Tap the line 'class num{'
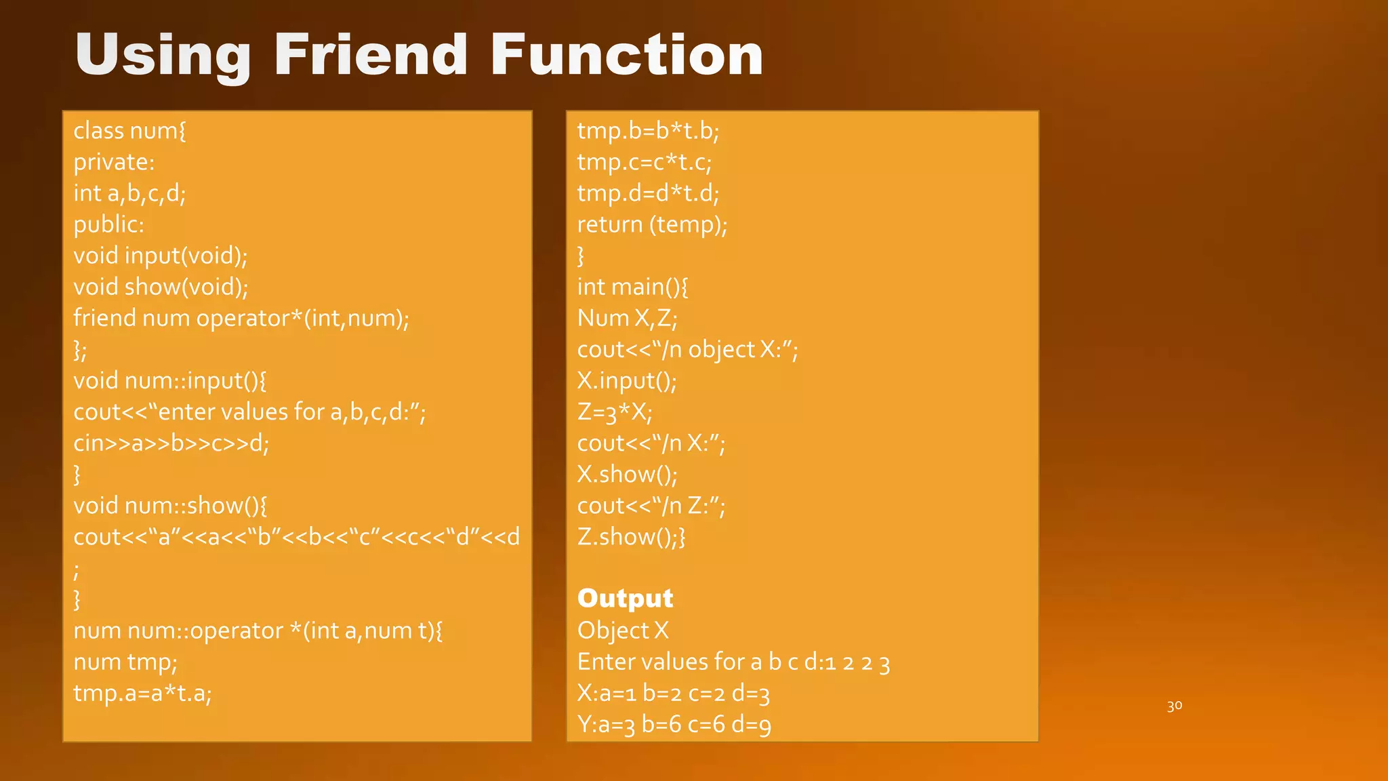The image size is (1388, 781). (129, 130)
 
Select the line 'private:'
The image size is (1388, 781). (114, 162)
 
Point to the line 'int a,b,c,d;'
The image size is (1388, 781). (129, 193)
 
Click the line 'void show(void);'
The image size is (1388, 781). (161, 287)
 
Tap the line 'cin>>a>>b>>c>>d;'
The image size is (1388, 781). (171, 443)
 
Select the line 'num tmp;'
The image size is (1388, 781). (125, 662)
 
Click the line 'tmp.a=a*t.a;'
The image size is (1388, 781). (142, 693)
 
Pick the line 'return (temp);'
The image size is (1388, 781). (652, 224)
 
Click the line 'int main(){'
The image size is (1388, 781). (632, 287)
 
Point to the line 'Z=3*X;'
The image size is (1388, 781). (615, 412)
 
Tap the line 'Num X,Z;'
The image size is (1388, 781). (627, 318)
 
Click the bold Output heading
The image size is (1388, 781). (625, 598)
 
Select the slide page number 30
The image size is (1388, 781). (1175, 706)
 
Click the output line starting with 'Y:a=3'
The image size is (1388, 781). (674, 724)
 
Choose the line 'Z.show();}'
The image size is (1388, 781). (631, 536)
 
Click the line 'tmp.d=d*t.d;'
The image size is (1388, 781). (648, 193)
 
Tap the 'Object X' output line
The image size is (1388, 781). (623, 630)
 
